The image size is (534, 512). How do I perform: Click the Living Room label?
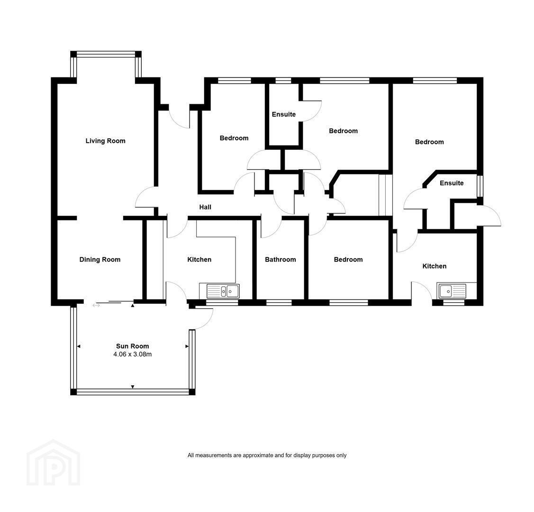click(105, 141)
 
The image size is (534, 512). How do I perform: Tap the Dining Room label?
click(100, 260)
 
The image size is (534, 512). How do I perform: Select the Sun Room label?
click(133, 346)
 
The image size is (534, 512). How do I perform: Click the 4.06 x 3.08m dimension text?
click(133, 354)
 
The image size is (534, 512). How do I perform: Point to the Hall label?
click(205, 207)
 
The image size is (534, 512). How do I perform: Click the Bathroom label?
click(281, 260)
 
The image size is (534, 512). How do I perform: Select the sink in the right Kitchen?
click(452, 291)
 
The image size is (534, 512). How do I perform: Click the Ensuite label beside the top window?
click(284, 114)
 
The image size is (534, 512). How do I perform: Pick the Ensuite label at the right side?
click(452, 183)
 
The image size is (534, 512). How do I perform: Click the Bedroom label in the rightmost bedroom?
click(429, 142)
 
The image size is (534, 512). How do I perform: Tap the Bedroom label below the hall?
click(348, 260)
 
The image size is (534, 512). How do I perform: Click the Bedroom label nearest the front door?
click(234, 138)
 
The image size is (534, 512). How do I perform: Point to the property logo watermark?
click(54, 463)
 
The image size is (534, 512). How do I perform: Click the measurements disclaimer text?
click(267, 455)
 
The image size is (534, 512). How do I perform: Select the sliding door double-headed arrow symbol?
click(96, 306)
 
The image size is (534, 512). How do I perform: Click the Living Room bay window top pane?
click(106, 54)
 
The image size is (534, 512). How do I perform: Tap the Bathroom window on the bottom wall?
click(279, 302)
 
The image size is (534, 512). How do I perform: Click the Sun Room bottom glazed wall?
click(133, 392)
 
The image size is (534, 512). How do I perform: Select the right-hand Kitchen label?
click(434, 266)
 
